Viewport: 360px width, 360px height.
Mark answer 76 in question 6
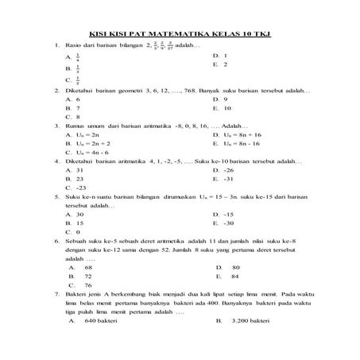point(87,285)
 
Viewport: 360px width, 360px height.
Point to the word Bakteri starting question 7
point(76,294)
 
